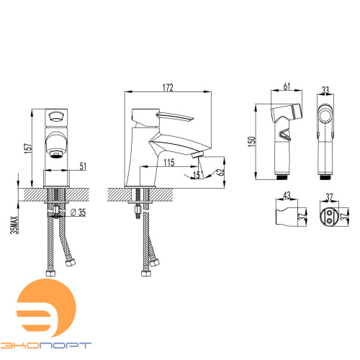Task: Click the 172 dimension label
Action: point(168,88)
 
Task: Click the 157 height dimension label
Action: point(28,148)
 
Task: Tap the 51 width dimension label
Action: point(83,166)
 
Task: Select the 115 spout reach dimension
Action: point(169,163)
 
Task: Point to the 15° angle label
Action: point(197,175)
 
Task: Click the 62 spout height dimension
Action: point(220,172)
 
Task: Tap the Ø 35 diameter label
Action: point(78,212)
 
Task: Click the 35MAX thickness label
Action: point(14,225)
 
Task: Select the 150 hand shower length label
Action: point(251,142)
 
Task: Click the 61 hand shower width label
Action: point(287,86)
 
